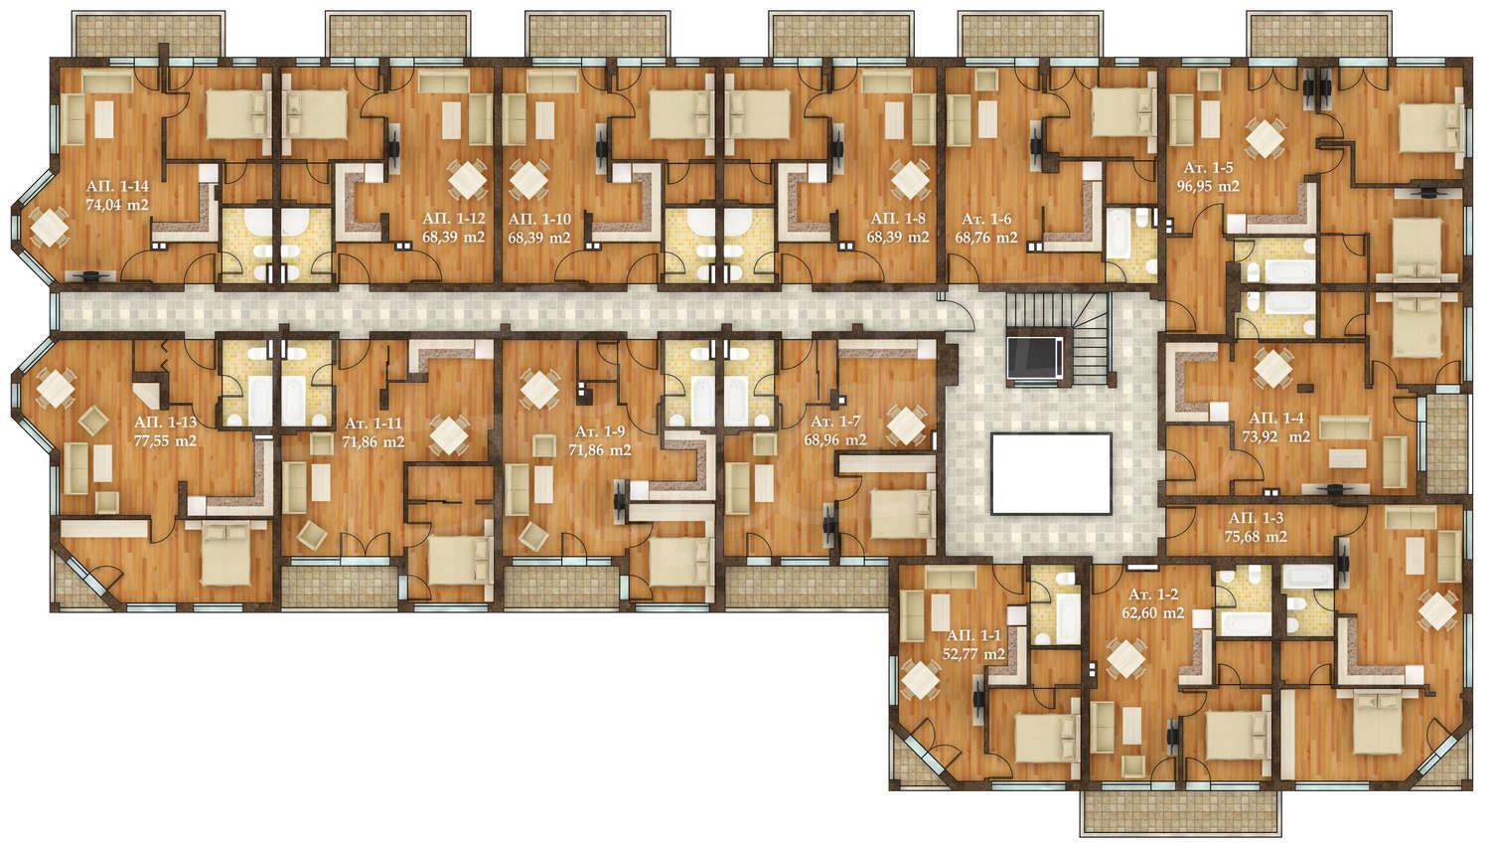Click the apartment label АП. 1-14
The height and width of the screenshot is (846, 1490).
[x=117, y=186]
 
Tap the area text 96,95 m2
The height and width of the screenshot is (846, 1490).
[x=1208, y=186]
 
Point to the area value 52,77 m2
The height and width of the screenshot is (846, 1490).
[x=973, y=654]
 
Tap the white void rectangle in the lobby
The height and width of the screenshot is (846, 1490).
[x=1051, y=474]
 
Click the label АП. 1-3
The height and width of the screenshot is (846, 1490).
[x=1256, y=518]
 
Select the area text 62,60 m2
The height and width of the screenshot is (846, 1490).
[x=1153, y=613]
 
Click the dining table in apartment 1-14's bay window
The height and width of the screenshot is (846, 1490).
[x=49, y=228]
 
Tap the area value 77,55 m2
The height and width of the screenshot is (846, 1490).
[x=165, y=440]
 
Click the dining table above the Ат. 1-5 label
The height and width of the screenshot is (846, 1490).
[x=1265, y=138]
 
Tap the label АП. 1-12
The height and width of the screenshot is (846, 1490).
[x=454, y=219]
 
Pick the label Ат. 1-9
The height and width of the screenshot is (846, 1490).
[x=601, y=431]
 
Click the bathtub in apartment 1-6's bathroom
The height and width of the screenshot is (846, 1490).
[x=1117, y=235]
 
